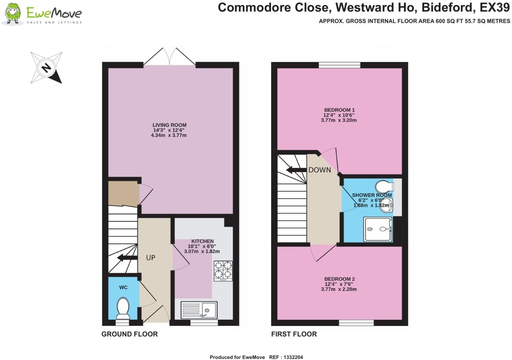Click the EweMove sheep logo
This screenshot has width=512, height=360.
13,14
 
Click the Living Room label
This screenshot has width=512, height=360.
169,125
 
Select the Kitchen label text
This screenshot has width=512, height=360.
202,241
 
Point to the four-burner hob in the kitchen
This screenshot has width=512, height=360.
223,271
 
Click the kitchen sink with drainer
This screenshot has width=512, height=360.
199,310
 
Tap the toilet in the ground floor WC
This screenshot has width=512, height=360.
123,308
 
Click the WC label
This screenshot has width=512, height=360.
123,287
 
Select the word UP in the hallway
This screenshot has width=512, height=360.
151,258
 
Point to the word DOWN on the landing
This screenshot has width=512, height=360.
319,170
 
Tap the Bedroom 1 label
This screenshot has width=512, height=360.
339,110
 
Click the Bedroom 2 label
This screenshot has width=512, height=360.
339,279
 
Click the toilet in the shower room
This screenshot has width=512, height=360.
384,185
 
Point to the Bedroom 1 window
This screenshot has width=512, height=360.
339,65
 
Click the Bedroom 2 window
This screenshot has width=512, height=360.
356,323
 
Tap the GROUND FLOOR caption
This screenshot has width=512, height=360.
130,334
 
